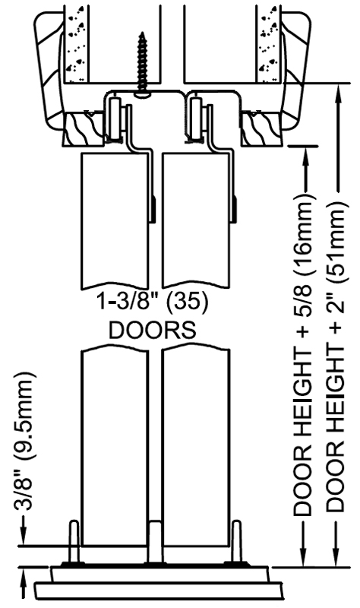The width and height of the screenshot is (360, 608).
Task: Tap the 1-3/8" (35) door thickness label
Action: point(153,302)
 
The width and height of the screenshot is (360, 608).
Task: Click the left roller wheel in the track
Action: point(115,119)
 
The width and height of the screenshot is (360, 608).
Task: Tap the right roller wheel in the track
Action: point(196,119)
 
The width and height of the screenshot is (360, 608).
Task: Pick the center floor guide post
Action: point(156,542)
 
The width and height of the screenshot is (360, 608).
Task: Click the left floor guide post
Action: point(74,542)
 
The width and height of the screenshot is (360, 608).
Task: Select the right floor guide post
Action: point(237,542)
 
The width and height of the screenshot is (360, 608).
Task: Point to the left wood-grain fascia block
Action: point(83,128)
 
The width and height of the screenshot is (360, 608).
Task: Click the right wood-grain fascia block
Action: point(260,128)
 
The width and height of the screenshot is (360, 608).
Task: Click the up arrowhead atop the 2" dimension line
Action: point(339,93)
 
